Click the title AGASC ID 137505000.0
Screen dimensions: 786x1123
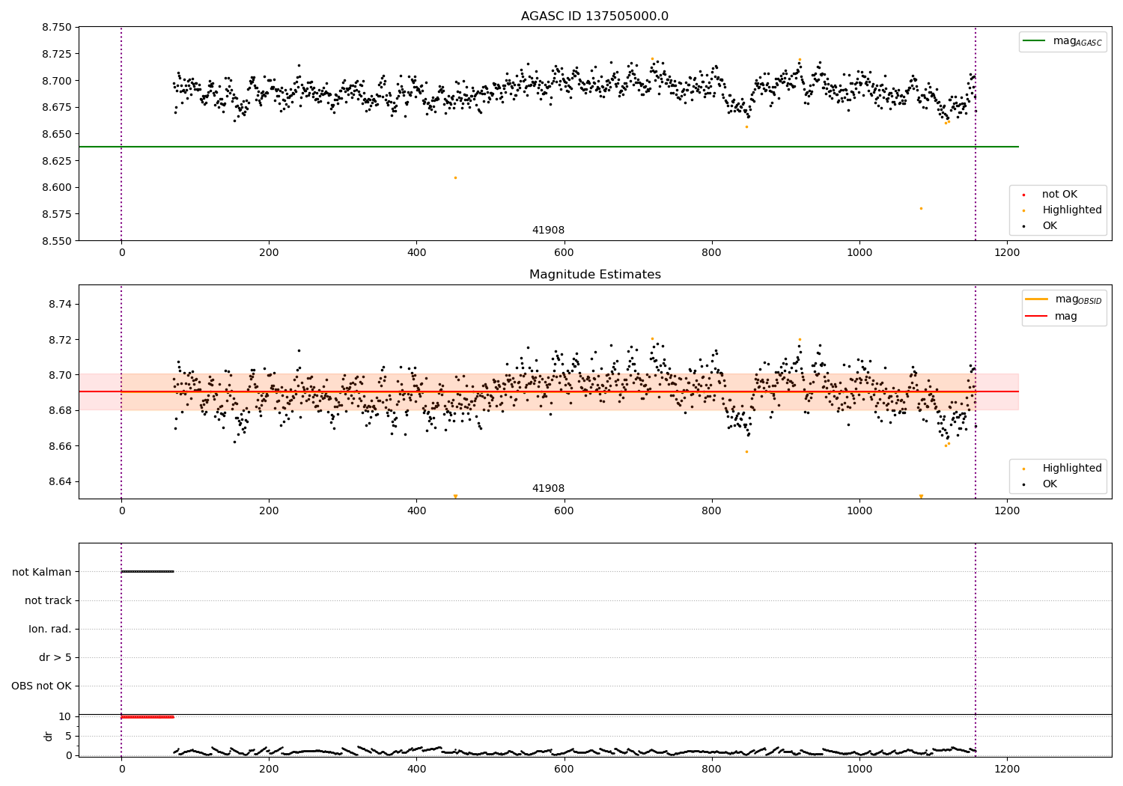click(594, 16)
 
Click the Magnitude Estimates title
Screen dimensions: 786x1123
click(594, 275)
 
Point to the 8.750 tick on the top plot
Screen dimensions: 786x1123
click(57, 27)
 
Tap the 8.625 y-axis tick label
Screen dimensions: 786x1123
click(57, 161)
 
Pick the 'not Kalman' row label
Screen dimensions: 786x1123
click(42, 572)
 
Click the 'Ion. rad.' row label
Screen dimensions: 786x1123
click(50, 629)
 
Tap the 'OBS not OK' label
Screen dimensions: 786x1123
click(42, 686)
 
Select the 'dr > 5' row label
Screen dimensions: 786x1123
click(55, 657)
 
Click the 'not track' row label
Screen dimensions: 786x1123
click(48, 600)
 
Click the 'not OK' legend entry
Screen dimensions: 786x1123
click(1059, 195)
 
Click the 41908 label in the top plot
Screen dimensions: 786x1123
click(548, 231)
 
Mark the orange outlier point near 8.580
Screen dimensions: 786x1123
click(921, 208)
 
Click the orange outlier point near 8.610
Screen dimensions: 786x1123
click(455, 177)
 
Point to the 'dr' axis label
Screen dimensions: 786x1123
click(49, 736)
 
